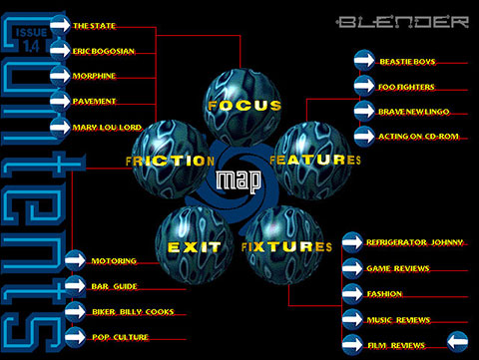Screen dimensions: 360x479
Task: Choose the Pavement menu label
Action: (x=95, y=101)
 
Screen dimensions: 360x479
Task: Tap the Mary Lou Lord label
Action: (x=106, y=127)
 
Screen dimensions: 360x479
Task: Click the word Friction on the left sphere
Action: (x=159, y=161)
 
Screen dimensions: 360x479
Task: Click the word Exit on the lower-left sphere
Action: (x=188, y=246)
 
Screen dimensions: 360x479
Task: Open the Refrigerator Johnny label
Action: (x=414, y=243)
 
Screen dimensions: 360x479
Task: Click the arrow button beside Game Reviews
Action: (x=352, y=268)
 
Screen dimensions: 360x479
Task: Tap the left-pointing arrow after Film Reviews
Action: (x=457, y=345)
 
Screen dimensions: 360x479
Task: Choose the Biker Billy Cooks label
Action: (x=133, y=312)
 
